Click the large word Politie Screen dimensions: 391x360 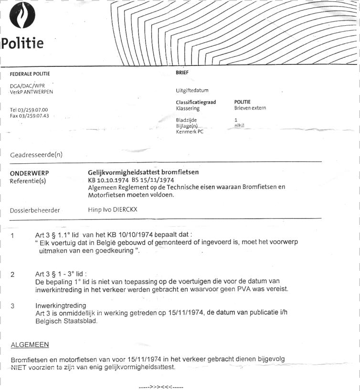coord(22,43)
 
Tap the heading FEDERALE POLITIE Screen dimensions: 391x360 coord(30,74)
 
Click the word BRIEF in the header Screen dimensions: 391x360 coord(182,73)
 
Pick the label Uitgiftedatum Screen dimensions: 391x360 coord(192,90)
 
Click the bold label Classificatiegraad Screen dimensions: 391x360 coord(196,102)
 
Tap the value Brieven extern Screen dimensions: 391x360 coord(250,108)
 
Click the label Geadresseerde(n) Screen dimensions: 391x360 coord(36,155)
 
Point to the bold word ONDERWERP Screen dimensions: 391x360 coord(30,173)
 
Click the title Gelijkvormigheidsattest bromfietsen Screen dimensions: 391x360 coord(143,172)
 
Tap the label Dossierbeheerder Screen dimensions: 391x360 coord(35,210)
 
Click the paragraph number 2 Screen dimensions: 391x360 coord(12,275)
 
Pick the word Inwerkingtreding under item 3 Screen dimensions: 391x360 coord(61,306)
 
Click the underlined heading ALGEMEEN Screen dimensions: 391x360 coord(30,344)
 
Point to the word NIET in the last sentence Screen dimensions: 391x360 coord(18,367)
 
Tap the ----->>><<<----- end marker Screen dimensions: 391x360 coord(160,387)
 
